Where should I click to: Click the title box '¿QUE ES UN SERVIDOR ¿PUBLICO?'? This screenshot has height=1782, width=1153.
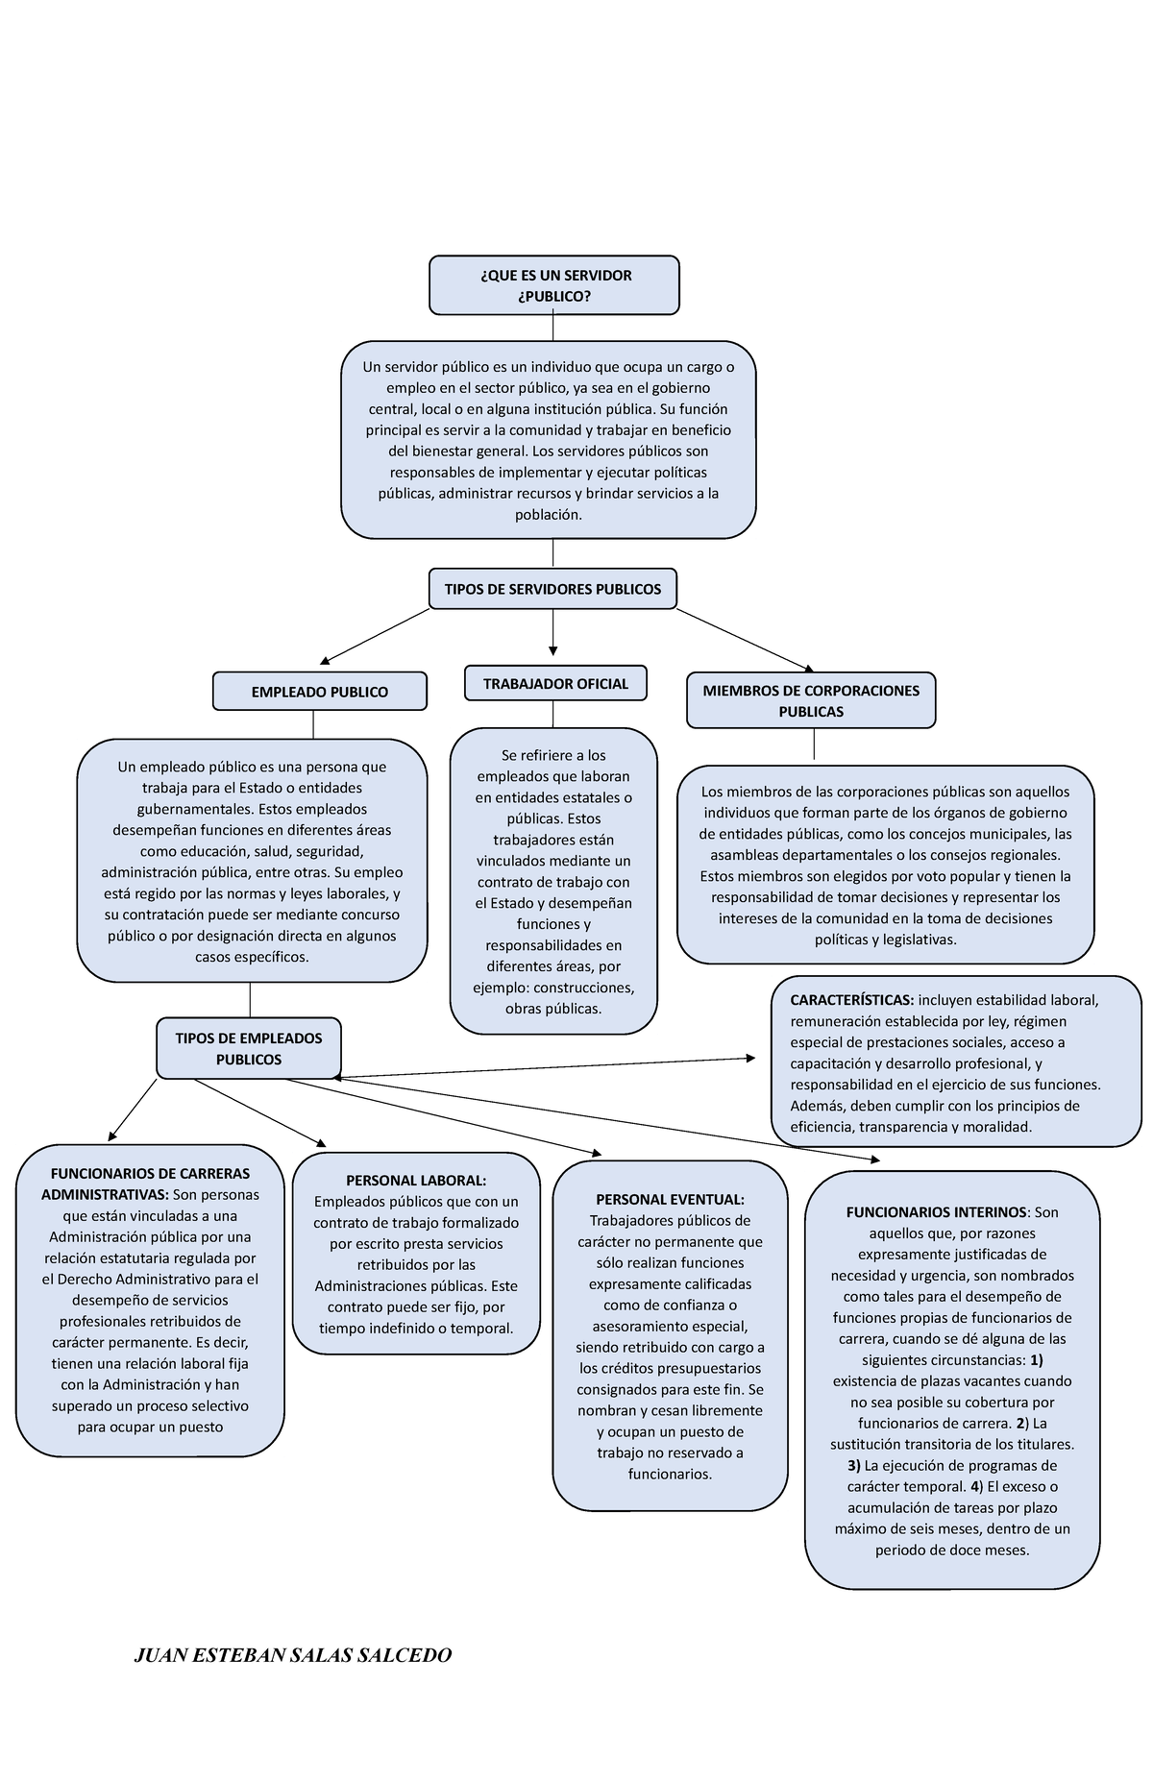tap(553, 285)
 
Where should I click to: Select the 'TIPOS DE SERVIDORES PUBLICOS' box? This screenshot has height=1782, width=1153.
tap(552, 589)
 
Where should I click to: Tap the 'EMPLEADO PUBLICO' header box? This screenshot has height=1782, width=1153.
tap(319, 692)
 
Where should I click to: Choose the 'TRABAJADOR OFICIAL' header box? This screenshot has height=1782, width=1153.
tap(555, 684)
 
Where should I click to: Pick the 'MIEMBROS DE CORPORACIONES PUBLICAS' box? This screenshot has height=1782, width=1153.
tap(811, 700)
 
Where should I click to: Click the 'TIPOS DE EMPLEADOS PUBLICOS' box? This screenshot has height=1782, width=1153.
tap(248, 1048)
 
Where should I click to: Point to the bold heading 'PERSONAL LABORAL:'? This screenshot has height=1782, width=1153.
tap(416, 1181)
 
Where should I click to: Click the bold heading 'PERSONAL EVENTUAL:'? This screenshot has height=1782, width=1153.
tap(670, 1199)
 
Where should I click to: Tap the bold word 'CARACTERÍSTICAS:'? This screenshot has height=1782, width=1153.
tap(851, 1000)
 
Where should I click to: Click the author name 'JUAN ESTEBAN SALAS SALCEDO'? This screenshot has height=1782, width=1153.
tap(292, 1655)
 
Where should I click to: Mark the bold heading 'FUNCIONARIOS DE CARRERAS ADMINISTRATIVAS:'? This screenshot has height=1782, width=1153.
tap(149, 1184)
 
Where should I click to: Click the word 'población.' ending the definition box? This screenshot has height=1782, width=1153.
tap(549, 515)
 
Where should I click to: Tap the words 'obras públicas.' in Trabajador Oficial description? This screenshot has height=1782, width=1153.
tap(553, 1009)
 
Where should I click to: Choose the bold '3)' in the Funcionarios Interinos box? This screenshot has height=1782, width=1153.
tap(853, 1466)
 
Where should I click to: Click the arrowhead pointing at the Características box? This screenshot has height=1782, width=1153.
tap(750, 1059)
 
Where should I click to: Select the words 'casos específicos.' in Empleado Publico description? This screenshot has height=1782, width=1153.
tap(252, 957)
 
